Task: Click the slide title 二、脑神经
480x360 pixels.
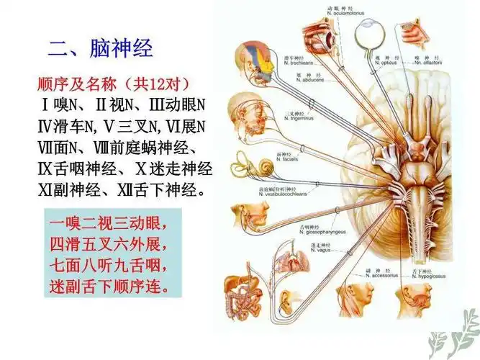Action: point(100,48)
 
